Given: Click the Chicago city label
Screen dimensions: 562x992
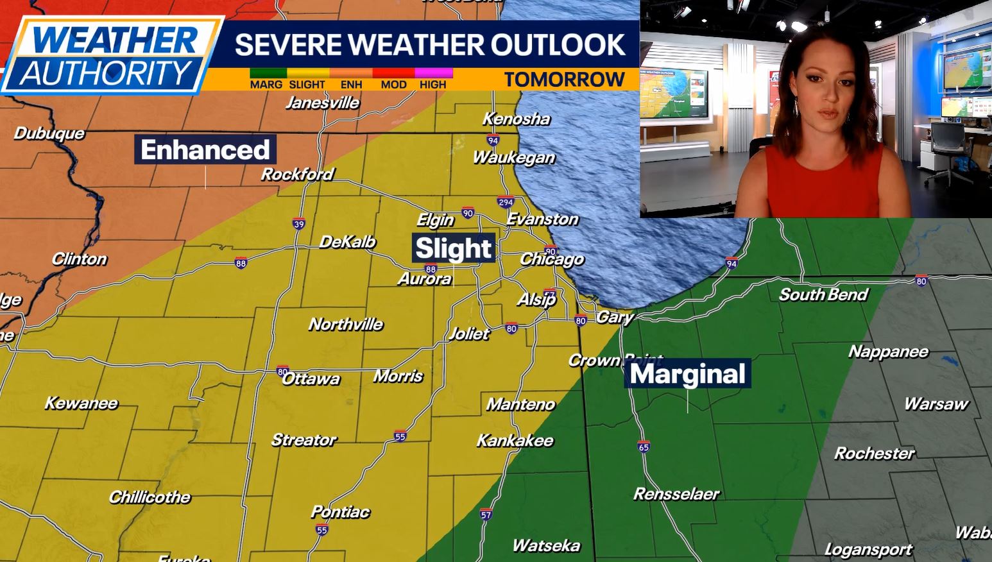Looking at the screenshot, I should [x=552, y=259].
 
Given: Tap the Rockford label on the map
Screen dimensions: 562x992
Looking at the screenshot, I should [x=297, y=175].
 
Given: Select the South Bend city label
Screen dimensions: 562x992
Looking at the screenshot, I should [x=823, y=294].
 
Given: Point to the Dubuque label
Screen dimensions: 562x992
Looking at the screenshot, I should [x=49, y=133].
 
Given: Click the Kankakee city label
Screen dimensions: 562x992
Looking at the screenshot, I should [x=515, y=441].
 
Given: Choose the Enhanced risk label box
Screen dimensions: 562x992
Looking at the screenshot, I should [x=205, y=149].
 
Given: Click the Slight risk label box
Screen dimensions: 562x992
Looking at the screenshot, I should [x=454, y=248].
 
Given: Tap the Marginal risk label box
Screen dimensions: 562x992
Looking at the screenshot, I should [x=687, y=374].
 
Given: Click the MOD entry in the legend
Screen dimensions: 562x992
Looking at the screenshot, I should [x=393, y=84].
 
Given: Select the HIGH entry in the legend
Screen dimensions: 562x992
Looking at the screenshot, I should [x=433, y=84].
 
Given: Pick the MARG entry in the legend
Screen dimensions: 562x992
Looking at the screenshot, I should [x=266, y=84].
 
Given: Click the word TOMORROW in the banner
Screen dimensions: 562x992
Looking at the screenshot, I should [x=564, y=80].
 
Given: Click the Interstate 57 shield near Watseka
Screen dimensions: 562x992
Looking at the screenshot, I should [x=486, y=515].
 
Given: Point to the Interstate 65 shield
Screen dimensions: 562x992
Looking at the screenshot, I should [x=644, y=447].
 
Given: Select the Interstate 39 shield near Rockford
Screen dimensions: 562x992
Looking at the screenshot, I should [x=298, y=224].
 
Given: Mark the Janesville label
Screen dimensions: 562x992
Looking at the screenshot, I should [x=322, y=103].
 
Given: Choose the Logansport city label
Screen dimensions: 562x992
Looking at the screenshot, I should [x=868, y=550].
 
